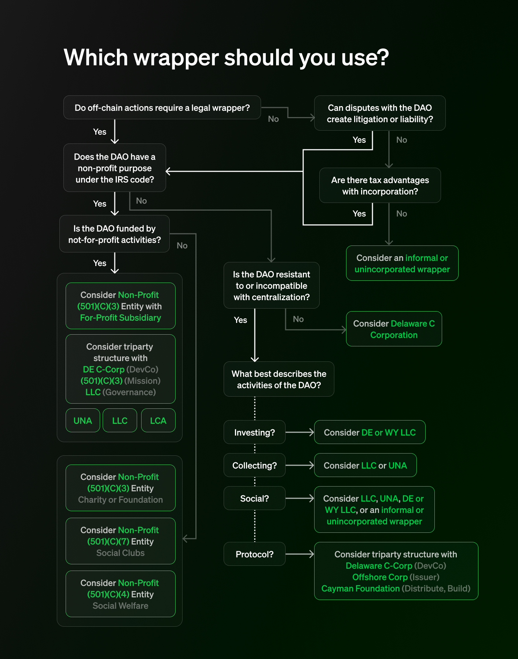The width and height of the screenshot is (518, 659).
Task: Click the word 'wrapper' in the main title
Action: click(x=177, y=58)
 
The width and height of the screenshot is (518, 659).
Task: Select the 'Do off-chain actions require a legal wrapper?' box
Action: click(x=162, y=108)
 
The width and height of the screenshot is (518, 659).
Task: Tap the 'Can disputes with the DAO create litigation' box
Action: click(x=380, y=113)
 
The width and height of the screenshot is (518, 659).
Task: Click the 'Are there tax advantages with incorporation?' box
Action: click(x=380, y=186)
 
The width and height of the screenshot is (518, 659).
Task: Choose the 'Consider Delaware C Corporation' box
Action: click(x=394, y=329)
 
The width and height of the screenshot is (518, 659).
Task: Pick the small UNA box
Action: click(x=83, y=420)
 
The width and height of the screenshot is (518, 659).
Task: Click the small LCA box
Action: click(x=158, y=420)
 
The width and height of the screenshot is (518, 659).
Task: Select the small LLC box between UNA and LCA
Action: click(x=120, y=420)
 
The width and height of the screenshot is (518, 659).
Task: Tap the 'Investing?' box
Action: click(x=254, y=432)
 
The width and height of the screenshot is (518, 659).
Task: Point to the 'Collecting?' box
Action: click(x=254, y=465)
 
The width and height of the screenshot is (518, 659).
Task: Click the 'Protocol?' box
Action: click(x=254, y=554)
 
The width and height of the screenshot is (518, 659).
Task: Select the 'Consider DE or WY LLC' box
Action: click(x=370, y=432)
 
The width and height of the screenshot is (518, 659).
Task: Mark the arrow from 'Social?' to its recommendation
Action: click(x=300, y=498)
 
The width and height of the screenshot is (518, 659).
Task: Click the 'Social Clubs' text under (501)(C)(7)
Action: click(x=120, y=553)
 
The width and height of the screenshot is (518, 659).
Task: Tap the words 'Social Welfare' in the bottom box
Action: click(x=120, y=606)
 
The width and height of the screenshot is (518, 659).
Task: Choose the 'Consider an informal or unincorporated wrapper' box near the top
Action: click(x=402, y=263)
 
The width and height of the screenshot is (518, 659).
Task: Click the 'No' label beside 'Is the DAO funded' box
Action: click(x=182, y=245)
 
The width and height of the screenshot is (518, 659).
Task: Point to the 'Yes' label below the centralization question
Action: click(x=240, y=320)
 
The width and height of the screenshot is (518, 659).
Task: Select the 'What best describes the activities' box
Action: click(x=279, y=379)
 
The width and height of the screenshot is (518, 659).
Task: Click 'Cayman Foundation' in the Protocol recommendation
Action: click(x=360, y=589)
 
